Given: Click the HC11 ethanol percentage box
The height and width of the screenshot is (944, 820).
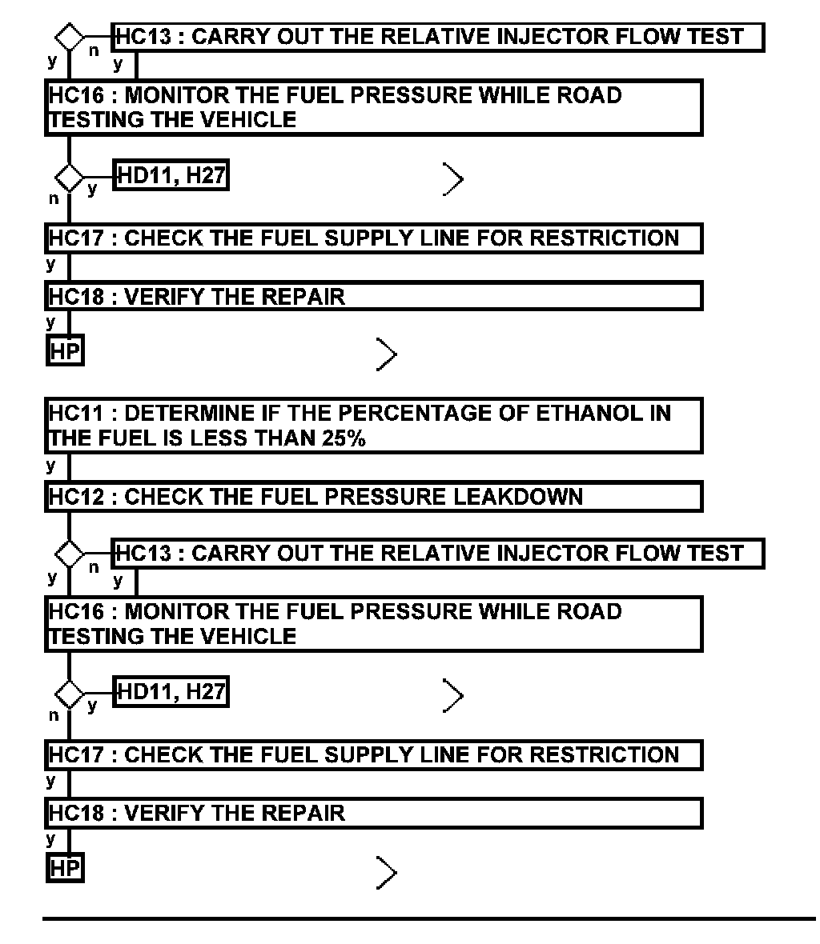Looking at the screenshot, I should click(373, 426).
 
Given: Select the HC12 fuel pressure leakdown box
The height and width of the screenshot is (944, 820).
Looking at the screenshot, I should click(373, 497).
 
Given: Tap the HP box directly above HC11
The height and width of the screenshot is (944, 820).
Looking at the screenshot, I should click(65, 351).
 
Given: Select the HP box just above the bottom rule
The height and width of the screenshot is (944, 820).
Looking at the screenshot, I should click(65, 867).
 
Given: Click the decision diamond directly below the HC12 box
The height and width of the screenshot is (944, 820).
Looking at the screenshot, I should click(70, 554).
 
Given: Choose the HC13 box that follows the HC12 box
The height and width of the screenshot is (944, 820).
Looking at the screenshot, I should click(438, 554).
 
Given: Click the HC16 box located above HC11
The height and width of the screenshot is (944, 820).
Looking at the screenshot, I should click(373, 107).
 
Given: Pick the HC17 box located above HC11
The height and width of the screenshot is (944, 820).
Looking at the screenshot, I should click(373, 238).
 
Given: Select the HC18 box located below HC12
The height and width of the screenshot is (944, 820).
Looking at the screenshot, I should click(373, 814).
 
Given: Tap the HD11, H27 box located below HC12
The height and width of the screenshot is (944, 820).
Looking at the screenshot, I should click(171, 691).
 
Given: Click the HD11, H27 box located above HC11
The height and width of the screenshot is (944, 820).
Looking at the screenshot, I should click(171, 175).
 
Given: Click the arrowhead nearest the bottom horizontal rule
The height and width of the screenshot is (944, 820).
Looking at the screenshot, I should click(386, 872).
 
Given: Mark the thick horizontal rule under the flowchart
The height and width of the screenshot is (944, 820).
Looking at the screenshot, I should click(428, 919).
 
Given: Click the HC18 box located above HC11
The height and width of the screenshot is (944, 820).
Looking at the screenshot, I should click(373, 297).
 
